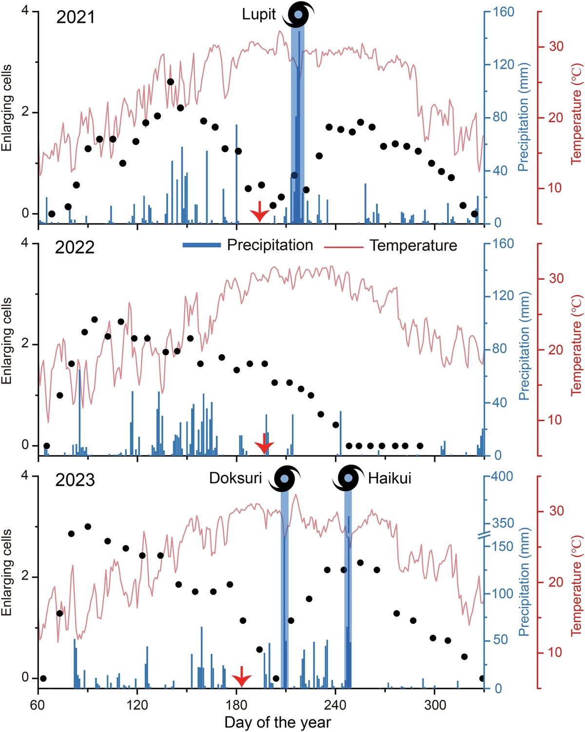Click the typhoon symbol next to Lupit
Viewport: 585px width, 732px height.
click(298, 15)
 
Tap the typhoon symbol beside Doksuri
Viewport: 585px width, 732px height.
click(285, 478)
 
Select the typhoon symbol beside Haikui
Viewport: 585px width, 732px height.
click(348, 478)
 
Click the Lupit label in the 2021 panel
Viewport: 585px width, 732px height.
click(259, 14)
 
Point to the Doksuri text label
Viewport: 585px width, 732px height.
click(235, 478)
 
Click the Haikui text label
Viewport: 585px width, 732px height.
click(390, 478)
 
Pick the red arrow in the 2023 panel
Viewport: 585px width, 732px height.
click(241, 677)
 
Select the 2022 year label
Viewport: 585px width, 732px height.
click(75, 248)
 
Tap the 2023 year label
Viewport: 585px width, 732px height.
click(75, 480)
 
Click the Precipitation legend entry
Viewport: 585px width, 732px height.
click(270, 245)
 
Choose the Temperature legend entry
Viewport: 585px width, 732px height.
click(413, 246)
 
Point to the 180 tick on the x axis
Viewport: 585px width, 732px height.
click(236, 705)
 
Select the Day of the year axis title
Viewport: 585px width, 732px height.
click(277, 722)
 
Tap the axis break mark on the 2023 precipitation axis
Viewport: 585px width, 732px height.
click(484, 535)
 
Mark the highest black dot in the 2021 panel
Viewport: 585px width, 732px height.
click(170, 82)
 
